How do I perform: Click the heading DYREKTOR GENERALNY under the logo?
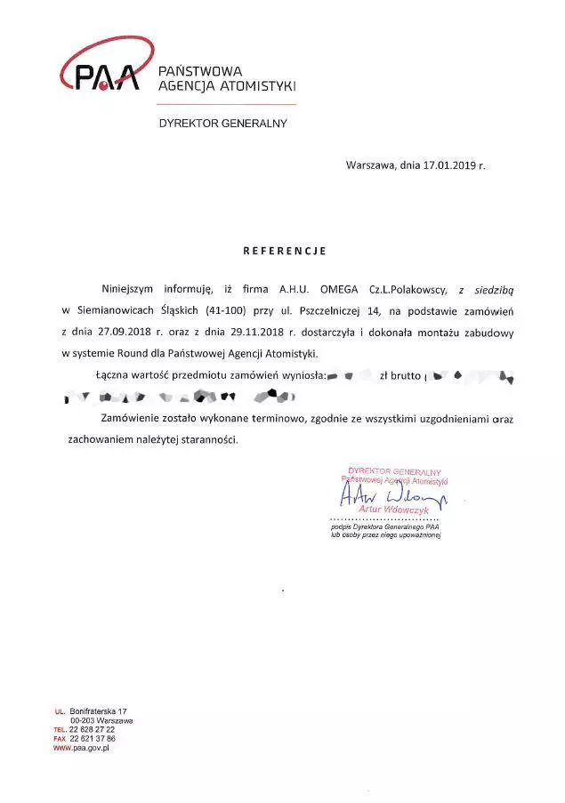[x=222, y=124]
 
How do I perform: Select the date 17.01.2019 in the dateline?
[x=450, y=165]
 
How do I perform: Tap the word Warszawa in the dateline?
[x=370, y=165]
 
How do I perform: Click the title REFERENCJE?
[x=285, y=251]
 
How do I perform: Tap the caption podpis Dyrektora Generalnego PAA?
[x=385, y=527]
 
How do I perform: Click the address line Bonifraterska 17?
[x=99, y=711]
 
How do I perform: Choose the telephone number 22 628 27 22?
[x=98, y=729]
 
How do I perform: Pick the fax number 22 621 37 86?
[x=98, y=738]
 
